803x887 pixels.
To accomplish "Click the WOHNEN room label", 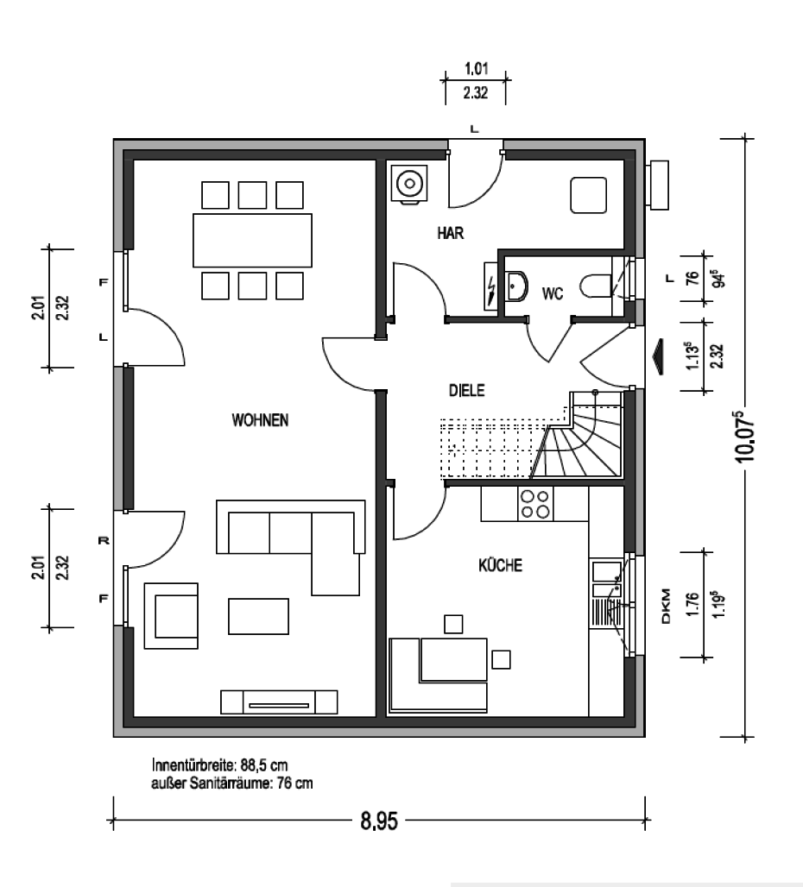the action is pos(260,420).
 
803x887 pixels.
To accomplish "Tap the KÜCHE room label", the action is pos(500,565).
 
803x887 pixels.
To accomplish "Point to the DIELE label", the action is pos(466,390).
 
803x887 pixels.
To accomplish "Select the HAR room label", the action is pos(451,232).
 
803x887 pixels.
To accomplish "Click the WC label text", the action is pos(553,293).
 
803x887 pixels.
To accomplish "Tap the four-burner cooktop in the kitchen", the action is pos(535,504).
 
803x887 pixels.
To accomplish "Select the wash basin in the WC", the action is pos(516,286).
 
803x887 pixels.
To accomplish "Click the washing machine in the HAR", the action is pos(410,183).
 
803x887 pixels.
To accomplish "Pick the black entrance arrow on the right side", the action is pos(658,357).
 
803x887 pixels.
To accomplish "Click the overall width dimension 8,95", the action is pos(379,821).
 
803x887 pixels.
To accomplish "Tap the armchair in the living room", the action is pos(172,616).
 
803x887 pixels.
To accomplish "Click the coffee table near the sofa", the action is pos(259,617).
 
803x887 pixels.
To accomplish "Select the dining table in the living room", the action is pos(252,240).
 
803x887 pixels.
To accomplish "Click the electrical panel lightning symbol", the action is pos(491,286).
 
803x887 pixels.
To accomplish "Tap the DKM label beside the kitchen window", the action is pos(666,607).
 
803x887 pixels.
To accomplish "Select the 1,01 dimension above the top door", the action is pos(476,69).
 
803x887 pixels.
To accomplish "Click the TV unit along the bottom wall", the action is pos(279,702).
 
